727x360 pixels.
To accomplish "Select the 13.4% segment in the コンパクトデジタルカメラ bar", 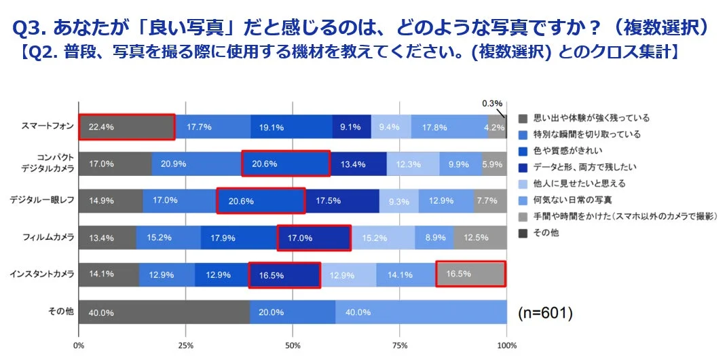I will [358, 164].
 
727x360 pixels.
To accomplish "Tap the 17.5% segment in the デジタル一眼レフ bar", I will [342, 201].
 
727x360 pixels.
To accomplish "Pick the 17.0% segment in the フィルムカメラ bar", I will [314, 238].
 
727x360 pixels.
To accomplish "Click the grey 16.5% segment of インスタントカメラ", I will [470, 274].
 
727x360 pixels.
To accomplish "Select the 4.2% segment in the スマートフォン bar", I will [497, 126].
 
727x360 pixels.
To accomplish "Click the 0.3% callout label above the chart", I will [491, 103].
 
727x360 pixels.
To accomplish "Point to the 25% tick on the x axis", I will [185, 345].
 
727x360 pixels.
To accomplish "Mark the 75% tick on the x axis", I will [399, 345].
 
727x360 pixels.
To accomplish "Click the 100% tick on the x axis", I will [506, 345].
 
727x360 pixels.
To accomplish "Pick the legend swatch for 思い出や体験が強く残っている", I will [522, 118].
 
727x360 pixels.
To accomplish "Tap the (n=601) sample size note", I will [545, 313].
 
